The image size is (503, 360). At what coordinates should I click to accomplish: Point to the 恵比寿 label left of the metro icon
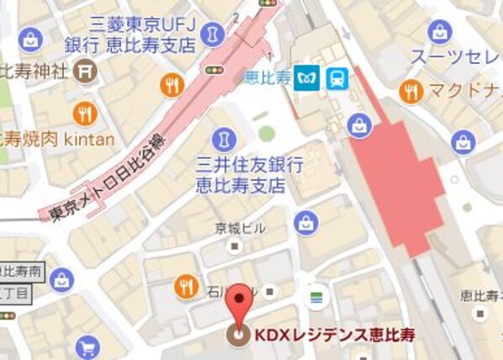(x=265, y=77)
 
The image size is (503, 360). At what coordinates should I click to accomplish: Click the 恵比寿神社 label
(x=34, y=71)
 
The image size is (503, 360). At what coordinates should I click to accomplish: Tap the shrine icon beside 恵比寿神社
(x=84, y=71)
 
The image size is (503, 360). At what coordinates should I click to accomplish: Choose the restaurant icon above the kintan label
(x=84, y=112)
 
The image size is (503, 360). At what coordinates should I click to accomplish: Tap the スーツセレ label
(x=455, y=57)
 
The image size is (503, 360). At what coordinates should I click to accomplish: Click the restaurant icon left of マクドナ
(x=411, y=90)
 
